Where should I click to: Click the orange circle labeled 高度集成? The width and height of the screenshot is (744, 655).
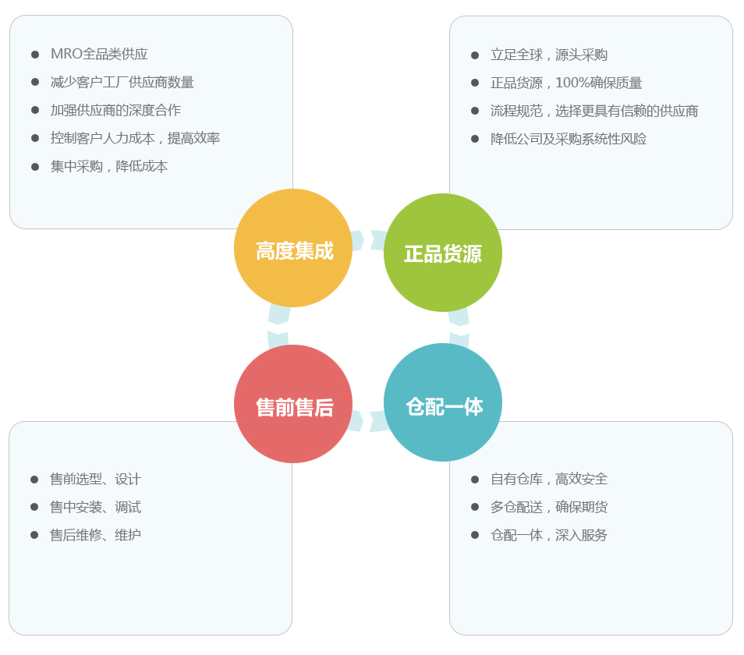pos(293,249)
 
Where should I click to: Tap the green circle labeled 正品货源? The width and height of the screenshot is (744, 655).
pos(443,253)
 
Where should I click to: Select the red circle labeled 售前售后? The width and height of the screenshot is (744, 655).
pos(293,404)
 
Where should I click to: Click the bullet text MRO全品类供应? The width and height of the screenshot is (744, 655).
pos(99,55)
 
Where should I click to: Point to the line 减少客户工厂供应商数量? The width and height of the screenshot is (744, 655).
pos(122,83)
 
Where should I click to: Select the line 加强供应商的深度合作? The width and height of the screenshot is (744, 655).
pos(115,111)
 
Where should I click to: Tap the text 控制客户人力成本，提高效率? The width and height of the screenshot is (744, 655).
pos(135,139)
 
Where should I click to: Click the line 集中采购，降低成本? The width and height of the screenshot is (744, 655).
pos(109,167)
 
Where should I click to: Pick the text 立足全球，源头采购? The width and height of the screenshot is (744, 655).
pos(549,55)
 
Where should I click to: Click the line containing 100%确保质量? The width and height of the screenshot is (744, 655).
pos(566,83)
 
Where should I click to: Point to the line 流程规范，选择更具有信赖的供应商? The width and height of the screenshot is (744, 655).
pos(594,112)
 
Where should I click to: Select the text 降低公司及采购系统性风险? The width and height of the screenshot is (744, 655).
pos(569,140)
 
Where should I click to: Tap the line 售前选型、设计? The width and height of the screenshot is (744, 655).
pos(95,480)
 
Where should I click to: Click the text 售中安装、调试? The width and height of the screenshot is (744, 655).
pos(95,508)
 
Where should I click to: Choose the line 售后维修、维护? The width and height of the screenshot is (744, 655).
pos(95,536)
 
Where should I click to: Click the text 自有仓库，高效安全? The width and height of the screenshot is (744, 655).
pos(549,480)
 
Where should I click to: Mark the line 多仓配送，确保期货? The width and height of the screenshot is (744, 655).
pos(549,508)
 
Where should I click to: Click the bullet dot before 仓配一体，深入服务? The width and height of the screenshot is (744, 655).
pos(475,535)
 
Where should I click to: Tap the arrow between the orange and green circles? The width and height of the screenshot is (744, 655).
pos(368,239)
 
